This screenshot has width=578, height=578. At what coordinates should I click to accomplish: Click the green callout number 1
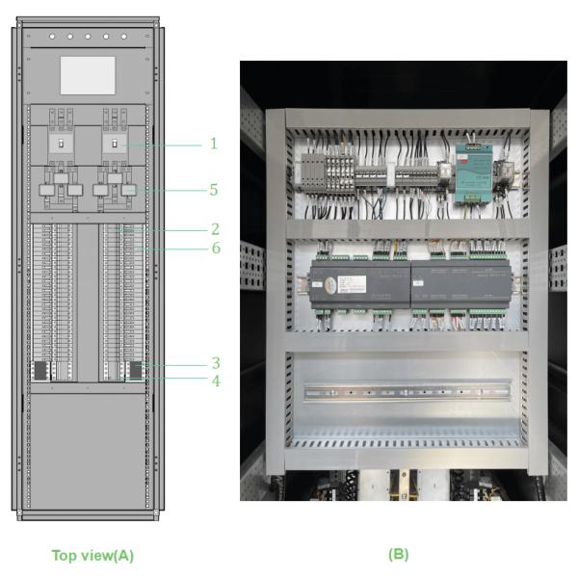[x=214, y=144]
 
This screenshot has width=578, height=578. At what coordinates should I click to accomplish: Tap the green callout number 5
[x=214, y=190]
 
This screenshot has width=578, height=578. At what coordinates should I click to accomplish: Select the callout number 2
[x=215, y=229]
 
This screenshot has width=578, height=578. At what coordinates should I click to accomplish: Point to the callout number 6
[x=215, y=248]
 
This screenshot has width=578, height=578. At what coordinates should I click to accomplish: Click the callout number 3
[x=215, y=363]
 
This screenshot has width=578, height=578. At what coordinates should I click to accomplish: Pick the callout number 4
[x=215, y=381]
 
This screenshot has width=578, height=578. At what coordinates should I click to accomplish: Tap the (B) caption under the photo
[x=397, y=554]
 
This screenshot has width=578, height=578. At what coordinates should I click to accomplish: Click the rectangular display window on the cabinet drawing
[x=88, y=75]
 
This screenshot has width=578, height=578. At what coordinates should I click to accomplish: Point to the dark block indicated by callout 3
[x=135, y=369]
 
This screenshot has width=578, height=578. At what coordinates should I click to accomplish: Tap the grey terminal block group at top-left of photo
[x=314, y=173]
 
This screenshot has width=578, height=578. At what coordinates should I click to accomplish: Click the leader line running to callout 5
[x=173, y=191]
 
